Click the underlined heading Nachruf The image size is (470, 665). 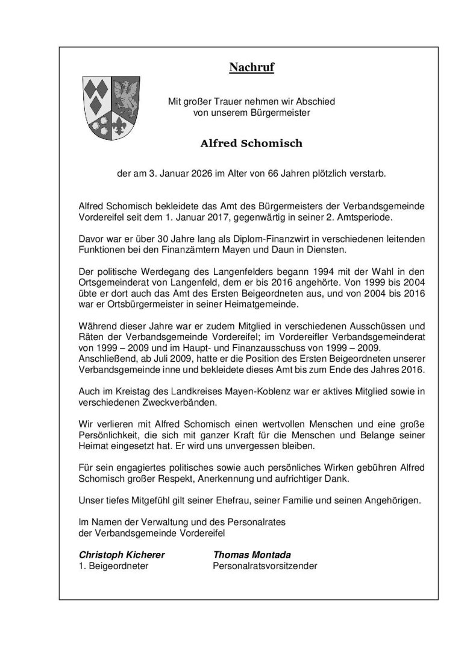tap(251, 68)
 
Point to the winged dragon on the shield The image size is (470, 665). tap(126, 96)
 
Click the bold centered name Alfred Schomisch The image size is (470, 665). tap(251, 144)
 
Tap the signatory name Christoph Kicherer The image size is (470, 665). tap(122, 555)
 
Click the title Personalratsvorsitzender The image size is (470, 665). tap(265, 566)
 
